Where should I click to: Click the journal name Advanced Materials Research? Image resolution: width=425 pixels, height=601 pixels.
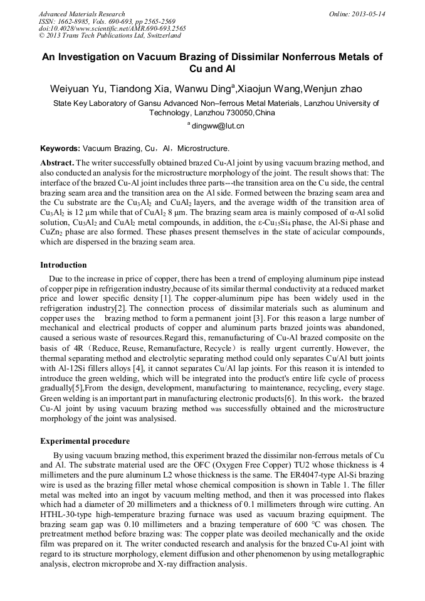(x=81, y=14)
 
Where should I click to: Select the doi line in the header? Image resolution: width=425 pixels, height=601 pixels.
(x=112, y=29)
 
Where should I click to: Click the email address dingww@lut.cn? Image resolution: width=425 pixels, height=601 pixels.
(x=219, y=126)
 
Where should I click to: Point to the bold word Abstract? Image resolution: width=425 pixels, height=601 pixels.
(x=57, y=162)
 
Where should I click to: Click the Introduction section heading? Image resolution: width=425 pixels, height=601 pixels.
(x=63, y=265)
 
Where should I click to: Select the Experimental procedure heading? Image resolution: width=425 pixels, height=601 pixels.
(x=85, y=441)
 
